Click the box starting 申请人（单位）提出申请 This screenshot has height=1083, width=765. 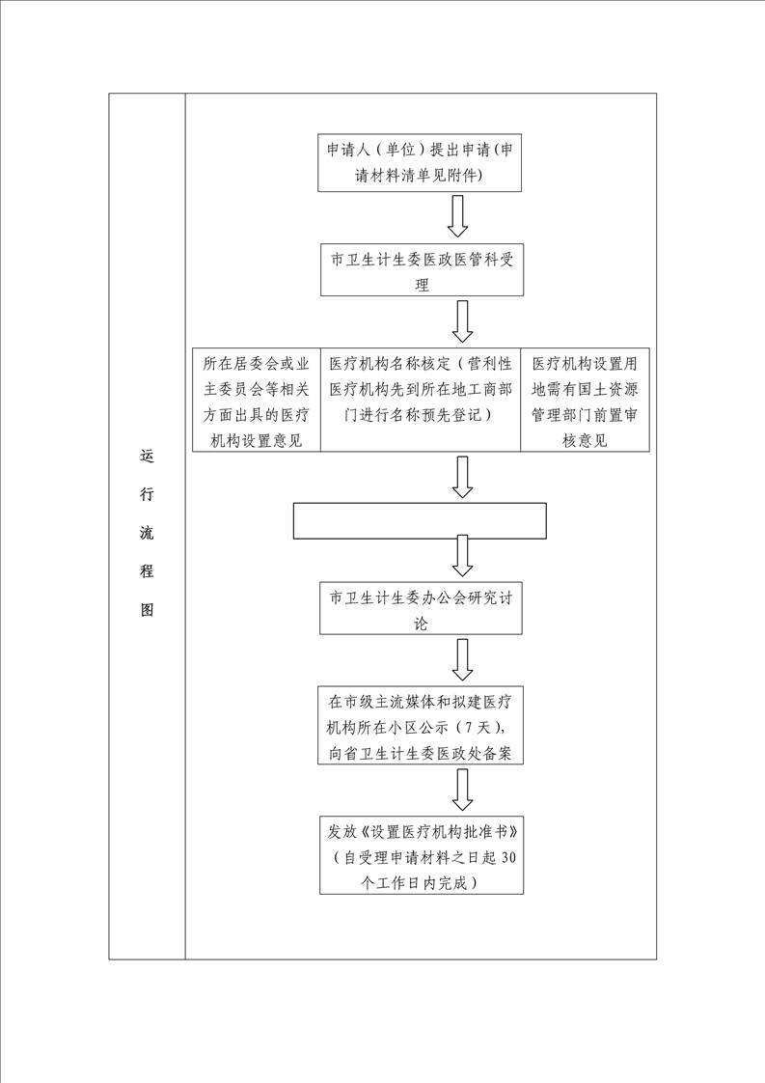pos(419,162)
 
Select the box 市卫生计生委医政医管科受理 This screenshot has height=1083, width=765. pos(422,270)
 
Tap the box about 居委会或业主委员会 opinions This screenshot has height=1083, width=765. pos(257,400)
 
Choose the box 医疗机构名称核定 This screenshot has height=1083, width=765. pos(421,400)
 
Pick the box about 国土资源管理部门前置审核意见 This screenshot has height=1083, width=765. pos(585,400)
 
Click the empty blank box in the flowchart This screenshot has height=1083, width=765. pos(420,521)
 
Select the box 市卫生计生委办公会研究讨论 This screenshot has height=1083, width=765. pos(421,608)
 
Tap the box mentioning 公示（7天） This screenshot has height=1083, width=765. pos(420,725)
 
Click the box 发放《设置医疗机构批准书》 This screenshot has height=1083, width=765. pos(422,855)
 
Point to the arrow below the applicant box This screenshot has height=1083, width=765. pos(458,216)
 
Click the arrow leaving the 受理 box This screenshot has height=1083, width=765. pos(462,320)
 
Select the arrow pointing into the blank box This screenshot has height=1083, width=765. pos(462,477)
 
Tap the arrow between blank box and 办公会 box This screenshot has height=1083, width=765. pos(462,556)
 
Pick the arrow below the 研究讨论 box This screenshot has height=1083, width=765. pos(462,659)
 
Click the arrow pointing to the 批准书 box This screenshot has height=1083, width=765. pos(462,790)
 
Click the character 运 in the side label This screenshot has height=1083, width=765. pos(147,456)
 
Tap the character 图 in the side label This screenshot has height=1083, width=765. pos(147,609)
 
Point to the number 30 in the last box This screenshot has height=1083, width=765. pos(507,858)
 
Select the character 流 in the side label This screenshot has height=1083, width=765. pos(147,533)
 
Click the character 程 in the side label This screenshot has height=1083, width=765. pos(147,570)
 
